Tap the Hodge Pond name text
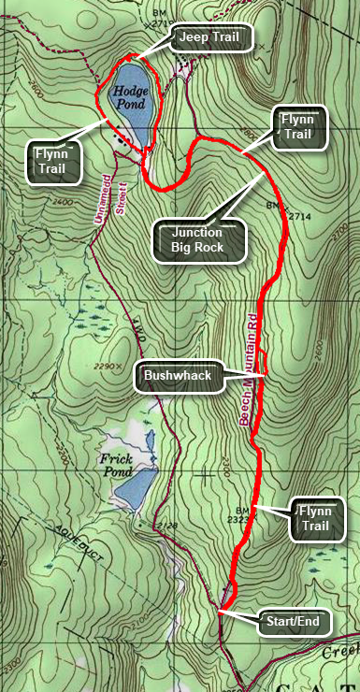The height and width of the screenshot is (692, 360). coord(130,97)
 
